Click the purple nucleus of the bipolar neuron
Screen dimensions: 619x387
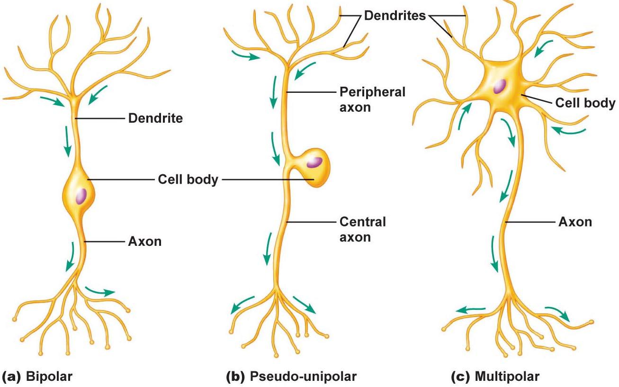[x=81, y=196]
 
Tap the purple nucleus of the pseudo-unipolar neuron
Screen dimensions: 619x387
[x=314, y=162]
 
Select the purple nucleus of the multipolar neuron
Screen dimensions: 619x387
[x=500, y=86]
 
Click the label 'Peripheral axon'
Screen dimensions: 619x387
[x=372, y=99]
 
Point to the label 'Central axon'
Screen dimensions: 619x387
[x=363, y=229]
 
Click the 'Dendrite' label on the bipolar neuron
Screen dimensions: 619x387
[x=155, y=118]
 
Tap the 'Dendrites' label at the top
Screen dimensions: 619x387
[x=395, y=16]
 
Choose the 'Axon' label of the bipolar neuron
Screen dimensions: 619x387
[x=145, y=242]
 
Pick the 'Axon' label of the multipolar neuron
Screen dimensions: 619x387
[x=575, y=222]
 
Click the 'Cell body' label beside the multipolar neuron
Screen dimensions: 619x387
[x=585, y=103]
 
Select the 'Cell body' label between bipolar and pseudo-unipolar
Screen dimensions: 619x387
[x=188, y=180]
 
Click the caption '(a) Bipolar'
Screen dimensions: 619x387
[x=37, y=377]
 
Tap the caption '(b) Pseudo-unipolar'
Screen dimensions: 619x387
[x=291, y=377]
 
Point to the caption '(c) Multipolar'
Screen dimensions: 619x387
[x=495, y=377]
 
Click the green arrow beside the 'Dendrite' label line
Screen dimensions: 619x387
[x=67, y=142]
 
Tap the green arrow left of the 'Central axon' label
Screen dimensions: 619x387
[x=268, y=249]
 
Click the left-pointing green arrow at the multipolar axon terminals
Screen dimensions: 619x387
[x=470, y=310]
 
